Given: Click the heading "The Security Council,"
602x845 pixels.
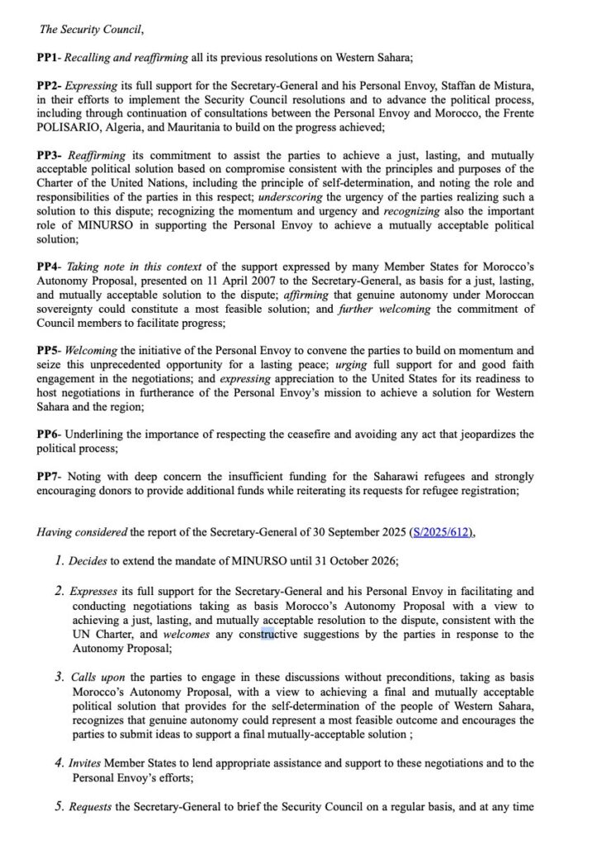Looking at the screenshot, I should (x=92, y=31).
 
